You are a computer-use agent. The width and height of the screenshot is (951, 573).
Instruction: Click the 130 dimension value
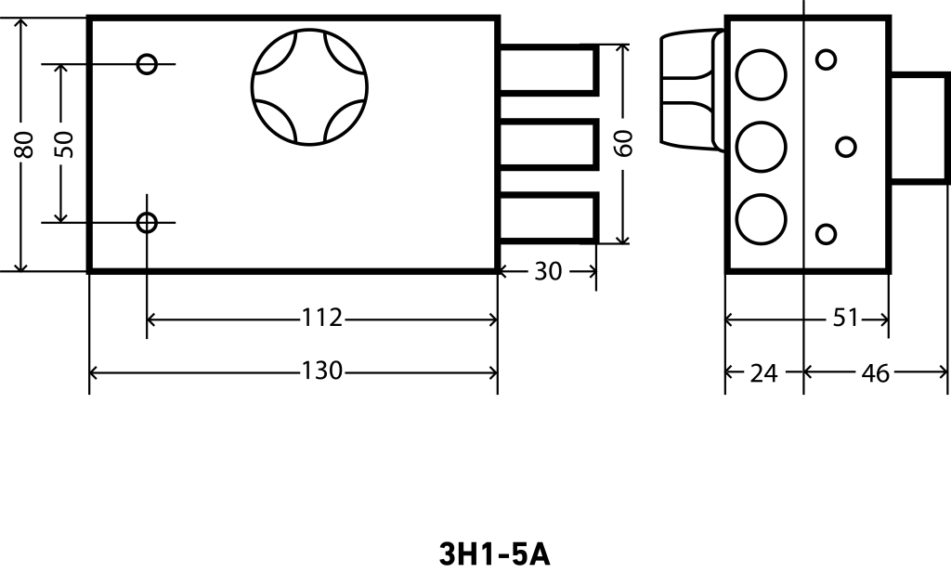coord(322,371)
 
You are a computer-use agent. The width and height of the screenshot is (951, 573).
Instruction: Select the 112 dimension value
coord(322,317)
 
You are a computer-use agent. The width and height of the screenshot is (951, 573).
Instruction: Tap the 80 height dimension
coord(24,144)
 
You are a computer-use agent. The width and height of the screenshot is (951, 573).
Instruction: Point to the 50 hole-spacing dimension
coord(63,144)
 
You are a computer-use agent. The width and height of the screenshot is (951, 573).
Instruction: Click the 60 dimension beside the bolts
coord(623,143)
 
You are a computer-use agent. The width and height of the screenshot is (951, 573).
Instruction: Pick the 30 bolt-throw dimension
coord(548,272)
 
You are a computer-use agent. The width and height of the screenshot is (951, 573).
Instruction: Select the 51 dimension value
coord(845,317)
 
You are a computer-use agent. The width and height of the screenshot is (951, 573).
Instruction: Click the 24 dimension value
coord(763,373)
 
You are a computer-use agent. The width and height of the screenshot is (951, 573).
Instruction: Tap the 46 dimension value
coord(875,373)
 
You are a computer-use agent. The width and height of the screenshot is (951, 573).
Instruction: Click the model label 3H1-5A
coord(494,554)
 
